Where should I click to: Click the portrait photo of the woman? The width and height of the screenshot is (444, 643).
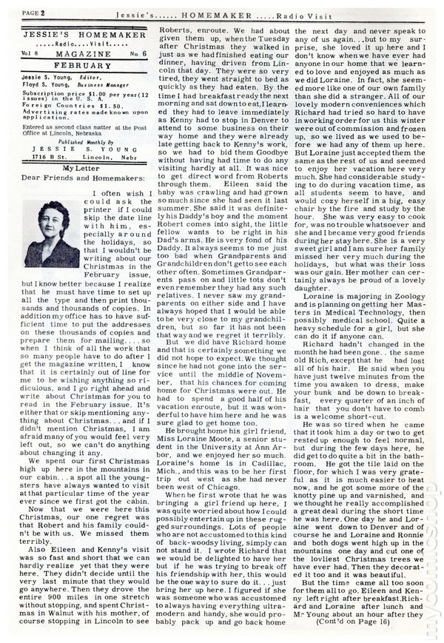(52, 235)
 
